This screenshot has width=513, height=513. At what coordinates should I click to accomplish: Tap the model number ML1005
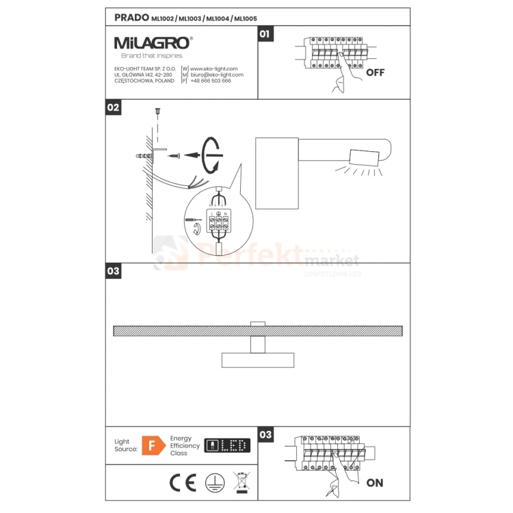pos(246,18)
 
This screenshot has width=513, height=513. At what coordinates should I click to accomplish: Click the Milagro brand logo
pos(153,42)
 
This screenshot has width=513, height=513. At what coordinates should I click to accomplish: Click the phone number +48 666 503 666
pos(211,81)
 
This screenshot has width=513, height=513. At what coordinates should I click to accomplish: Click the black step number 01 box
pos(265,34)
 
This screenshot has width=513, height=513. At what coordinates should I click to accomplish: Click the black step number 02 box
pos(114,107)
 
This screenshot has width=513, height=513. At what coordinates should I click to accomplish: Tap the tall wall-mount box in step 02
pos(277,172)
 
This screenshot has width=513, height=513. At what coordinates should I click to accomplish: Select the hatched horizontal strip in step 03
pos(256,330)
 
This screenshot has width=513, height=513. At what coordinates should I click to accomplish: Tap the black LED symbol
pos(228,446)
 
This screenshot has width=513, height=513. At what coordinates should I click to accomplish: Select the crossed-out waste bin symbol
pos(240,482)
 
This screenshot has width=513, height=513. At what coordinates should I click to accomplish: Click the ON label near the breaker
pos(375,483)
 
